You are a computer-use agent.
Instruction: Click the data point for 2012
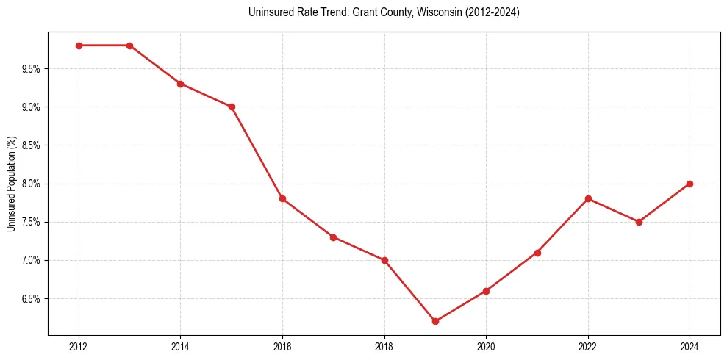coord(79,46)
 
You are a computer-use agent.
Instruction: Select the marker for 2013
coord(129,46)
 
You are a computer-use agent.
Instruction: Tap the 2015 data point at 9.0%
coord(232,107)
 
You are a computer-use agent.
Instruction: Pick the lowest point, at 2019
coord(435,321)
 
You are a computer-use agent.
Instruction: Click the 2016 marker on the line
coord(282,198)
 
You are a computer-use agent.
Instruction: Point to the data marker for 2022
coord(588,198)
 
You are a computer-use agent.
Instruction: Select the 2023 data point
coord(639,222)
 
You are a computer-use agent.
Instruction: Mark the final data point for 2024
coord(690,184)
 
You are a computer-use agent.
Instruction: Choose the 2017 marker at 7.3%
coord(333,237)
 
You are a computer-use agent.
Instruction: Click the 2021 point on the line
coord(537,253)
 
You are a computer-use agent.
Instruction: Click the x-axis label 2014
coord(180,346)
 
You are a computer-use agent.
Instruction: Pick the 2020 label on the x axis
coord(486,346)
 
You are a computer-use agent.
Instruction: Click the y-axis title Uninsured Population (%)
coord(11,184)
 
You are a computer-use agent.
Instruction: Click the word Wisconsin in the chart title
coord(438,12)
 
